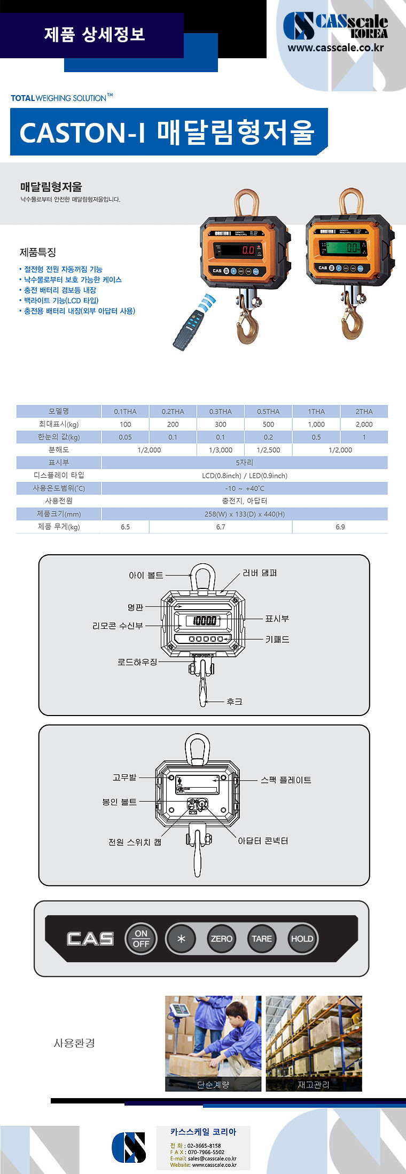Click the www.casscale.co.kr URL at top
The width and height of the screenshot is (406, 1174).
click(335, 48)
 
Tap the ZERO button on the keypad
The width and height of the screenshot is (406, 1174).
click(221, 938)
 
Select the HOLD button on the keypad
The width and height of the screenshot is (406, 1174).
click(302, 938)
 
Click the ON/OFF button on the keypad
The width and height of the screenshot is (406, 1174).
click(141, 938)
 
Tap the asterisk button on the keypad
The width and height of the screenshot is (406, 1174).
click(181, 938)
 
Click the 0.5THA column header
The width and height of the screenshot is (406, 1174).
click(268, 411)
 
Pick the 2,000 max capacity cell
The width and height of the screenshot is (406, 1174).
click(364, 424)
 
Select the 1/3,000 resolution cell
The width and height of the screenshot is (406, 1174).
click(220, 450)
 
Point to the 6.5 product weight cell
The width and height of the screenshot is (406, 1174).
click(125, 527)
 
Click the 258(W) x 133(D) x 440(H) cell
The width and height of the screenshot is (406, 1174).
click(244, 514)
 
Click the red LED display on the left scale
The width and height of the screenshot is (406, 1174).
click(240, 250)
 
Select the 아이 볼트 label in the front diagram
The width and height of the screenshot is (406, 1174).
click(146, 575)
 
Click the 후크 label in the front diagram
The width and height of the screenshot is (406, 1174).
click(234, 701)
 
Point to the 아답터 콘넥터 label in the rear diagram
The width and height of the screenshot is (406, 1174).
click(263, 841)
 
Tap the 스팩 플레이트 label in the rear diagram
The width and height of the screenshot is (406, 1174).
click(286, 780)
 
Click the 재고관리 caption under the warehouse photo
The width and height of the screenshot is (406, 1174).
click(314, 1084)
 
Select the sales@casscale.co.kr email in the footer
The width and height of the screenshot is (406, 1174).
click(212, 1159)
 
